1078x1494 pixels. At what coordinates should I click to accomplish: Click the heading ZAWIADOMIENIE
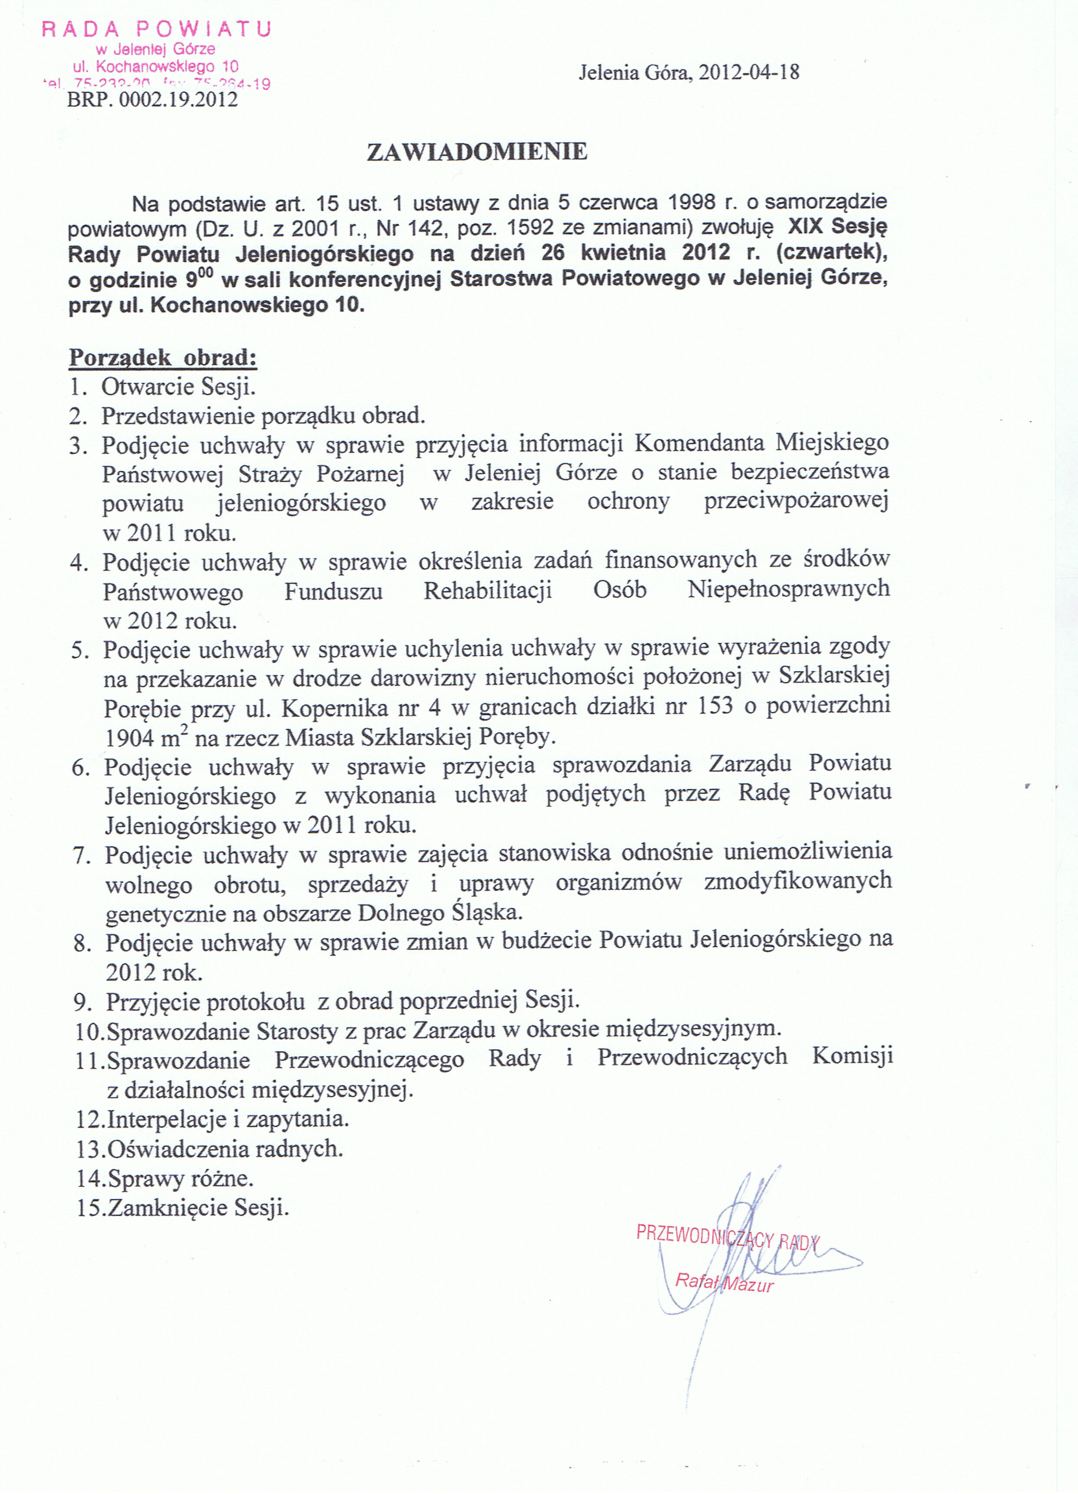coord(476,152)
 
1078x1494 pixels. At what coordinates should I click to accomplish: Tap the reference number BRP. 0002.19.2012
coord(152,100)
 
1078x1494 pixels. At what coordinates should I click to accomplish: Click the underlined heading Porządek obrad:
coord(163,358)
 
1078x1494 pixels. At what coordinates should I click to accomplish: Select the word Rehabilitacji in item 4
coord(488,590)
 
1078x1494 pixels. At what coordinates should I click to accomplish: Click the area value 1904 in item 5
coord(130,738)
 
